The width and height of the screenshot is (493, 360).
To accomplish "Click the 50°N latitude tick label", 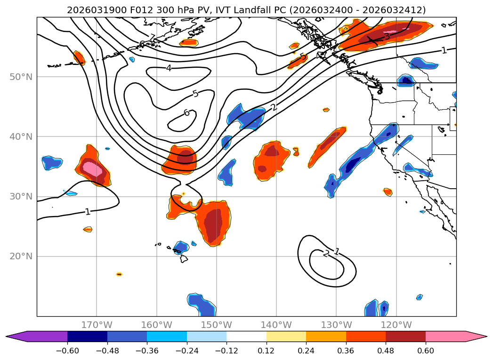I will [21, 77].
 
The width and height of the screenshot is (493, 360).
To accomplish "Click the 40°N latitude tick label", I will [21, 137].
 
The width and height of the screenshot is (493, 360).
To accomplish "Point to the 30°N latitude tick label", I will [21, 197].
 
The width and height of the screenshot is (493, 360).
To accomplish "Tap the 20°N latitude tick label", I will [21, 256].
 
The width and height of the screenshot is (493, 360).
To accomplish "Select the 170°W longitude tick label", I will [97, 325].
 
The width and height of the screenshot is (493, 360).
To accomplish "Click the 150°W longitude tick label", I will [217, 325].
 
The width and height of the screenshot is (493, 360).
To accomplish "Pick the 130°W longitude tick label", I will [336, 325].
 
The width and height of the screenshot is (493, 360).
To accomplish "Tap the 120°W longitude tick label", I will [396, 325].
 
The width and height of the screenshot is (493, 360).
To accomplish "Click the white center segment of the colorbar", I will [246, 336].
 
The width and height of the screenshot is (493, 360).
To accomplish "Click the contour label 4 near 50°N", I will [169, 68].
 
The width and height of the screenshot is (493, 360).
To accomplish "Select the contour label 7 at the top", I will [152, 38].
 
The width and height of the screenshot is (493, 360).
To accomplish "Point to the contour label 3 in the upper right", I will [387, 36].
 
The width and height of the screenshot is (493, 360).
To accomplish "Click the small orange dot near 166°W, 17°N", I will [119, 274].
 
